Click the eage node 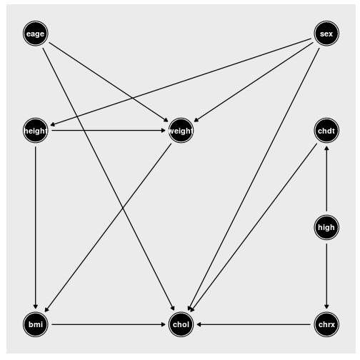click(x=36, y=34)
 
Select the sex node click(x=326, y=34)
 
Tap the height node click(x=36, y=131)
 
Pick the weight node click(x=181, y=131)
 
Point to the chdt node click(x=326, y=131)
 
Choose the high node click(x=326, y=227)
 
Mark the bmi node click(x=36, y=324)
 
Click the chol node click(x=181, y=324)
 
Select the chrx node click(x=326, y=324)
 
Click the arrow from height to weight click(x=109, y=131)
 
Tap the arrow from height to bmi click(x=36, y=227)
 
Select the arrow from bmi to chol click(x=109, y=324)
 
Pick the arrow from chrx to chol click(x=254, y=324)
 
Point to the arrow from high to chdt click(x=326, y=179)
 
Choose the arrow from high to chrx click(x=326, y=276)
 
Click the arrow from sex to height click(x=181, y=82)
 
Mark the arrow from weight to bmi click(x=108, y=228)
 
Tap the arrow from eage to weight click(x=109, y=82)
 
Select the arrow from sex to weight click(x=254, y=82)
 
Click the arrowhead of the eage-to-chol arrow click(x=173, y=309)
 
